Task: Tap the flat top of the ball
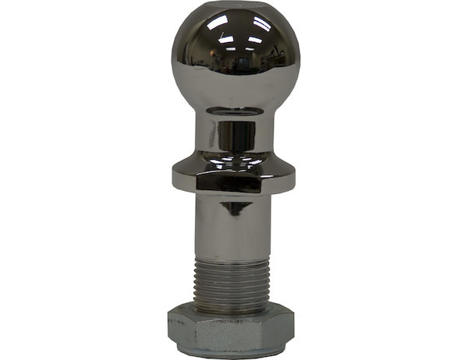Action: tap(234, 9)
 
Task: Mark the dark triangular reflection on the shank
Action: tap(234, 208)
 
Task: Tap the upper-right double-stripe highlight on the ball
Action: tap(262, 25)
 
